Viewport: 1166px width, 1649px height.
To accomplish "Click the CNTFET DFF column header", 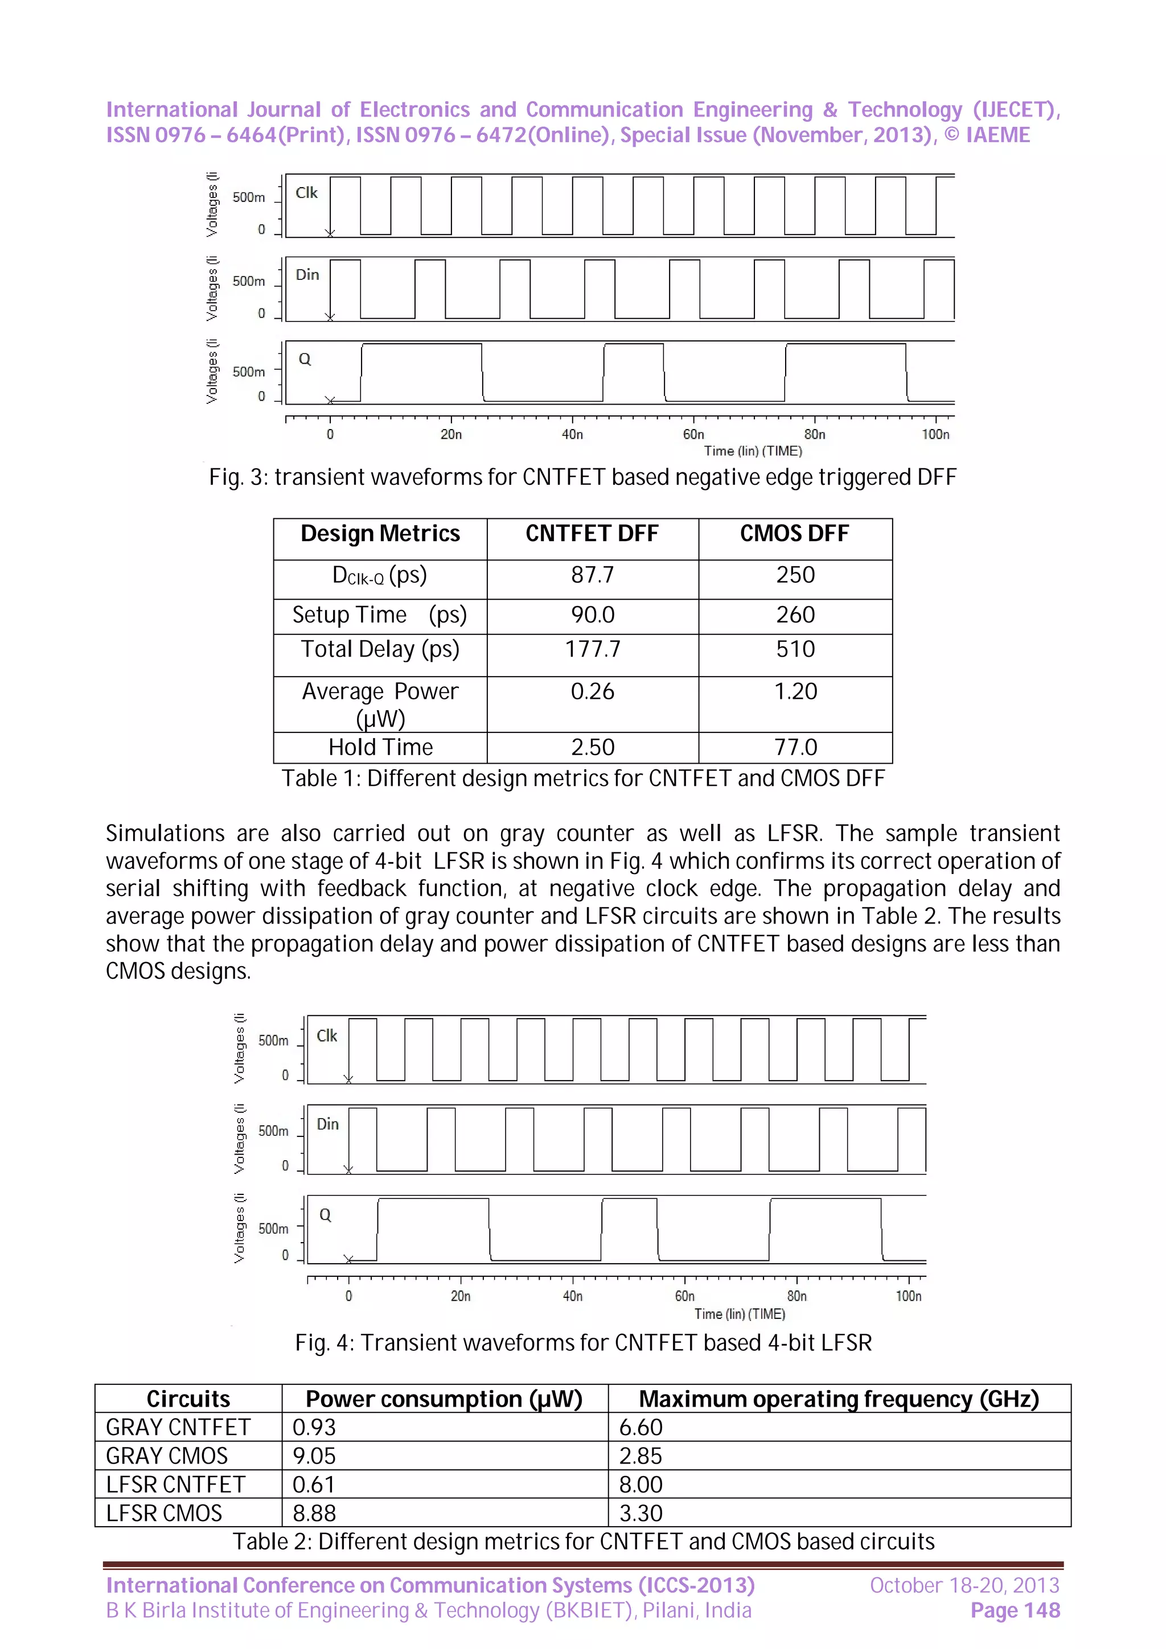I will (x=592, y=534).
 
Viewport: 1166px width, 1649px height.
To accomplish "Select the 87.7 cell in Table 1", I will (x=592, y=575).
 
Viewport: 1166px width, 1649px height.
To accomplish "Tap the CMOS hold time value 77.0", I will (x=795, y=747).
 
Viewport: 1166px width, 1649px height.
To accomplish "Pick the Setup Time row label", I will (x=379, y=615).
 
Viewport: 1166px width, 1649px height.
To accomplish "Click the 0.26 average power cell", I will (x=592, y=691).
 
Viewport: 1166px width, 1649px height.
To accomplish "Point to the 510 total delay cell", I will (x=795, y=649).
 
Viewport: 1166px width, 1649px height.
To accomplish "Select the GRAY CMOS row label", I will (x=167, y=1456).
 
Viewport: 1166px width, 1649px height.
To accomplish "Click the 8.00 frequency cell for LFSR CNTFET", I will (x=641, y=1485).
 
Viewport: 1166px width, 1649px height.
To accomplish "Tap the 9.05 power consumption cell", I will (x=314, y=1456).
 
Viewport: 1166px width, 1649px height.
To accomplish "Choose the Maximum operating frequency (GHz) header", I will (x=839, y=1399).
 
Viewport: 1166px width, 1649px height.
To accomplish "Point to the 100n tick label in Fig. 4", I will (x=908, y=1296).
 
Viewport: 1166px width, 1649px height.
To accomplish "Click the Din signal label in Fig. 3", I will (x=307, y=275).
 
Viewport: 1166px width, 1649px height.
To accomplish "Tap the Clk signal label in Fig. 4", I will (x=326, y=1036).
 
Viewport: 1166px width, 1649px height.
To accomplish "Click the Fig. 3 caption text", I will (x=582, y=477).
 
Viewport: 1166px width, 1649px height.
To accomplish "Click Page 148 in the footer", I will (x=1015, y=1611).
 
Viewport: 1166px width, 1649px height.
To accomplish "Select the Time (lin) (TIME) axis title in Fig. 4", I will (x=739, y=1314).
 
